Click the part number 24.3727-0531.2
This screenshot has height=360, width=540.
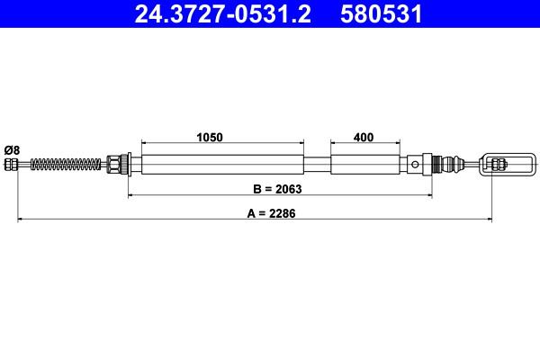pos(223,14)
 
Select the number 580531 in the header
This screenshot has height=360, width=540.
pos(382,14)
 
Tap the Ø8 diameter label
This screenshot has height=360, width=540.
pos(12,150)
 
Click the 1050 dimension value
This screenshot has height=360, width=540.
pos(210,137)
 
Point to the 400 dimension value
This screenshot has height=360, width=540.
pos(364,137)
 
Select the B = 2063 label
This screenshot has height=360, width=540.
pos(277,189)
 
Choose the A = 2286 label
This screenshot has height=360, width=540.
pos(271,213)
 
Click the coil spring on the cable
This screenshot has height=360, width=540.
pos(66,165)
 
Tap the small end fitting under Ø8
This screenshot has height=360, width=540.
pos(11,165)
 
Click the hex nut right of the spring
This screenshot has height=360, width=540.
pos(112,165)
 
